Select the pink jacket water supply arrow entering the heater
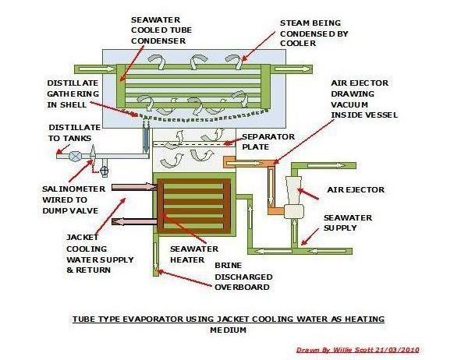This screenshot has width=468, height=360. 134,186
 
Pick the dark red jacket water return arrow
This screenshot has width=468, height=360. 134,221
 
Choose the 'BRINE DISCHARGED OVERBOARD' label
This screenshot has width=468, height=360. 242,276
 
